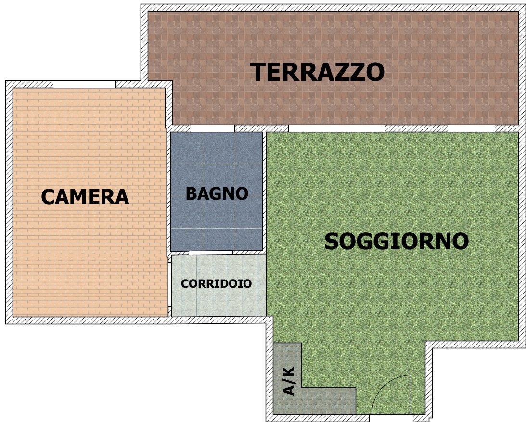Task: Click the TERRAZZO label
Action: (x=318, y=72)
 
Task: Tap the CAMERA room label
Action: (x=85, y=197)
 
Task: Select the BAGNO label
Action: (x=217, y=193)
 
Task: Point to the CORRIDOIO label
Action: (x=217, y=283)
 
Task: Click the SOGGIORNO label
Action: (x=397, y=241)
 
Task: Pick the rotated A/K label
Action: (x=288, y=381)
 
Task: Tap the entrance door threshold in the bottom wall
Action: (x=391, y=418)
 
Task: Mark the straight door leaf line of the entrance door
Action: (x=411, y=395)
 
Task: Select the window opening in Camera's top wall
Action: (x=84, y=84)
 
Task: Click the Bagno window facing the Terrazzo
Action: (x=213, y=128)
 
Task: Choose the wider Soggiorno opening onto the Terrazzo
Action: (x=336, y=128)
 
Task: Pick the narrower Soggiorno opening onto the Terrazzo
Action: (x=471, y=128)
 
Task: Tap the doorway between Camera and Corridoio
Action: (x=169, y=282)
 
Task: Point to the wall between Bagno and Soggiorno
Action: (x=265, y=191)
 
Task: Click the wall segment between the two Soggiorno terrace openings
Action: (x=416, y=128)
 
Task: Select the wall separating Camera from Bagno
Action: (x=169, y=191)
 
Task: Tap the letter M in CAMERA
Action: (x=85, y=197)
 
